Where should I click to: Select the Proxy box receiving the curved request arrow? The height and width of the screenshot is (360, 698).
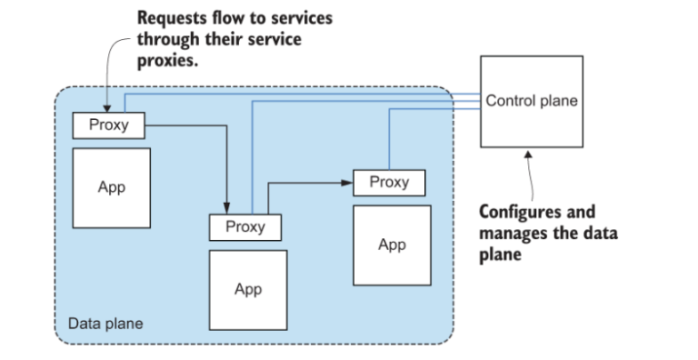tap(108, 125)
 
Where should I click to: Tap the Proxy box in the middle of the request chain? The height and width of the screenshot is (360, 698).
tap(245, 225)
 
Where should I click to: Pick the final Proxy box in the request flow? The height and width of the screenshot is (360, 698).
tap(389, 182)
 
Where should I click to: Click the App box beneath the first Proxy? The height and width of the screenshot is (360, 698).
tap(111, 187)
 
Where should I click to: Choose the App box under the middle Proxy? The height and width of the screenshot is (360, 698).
tap(247, 289)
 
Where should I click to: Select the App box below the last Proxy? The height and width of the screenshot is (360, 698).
tap(392, 245)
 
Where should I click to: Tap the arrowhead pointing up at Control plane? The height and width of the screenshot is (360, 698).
tap(530, 156)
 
